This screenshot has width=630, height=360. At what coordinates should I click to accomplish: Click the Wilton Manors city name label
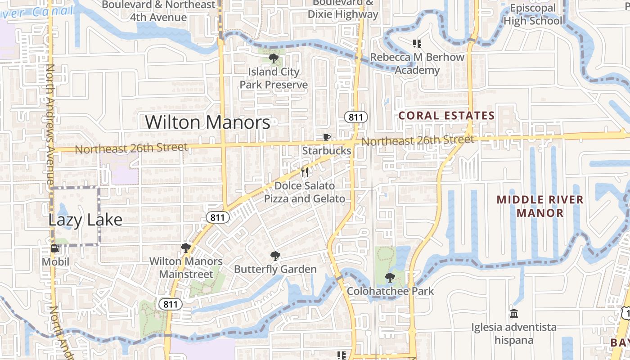tap(207, 122)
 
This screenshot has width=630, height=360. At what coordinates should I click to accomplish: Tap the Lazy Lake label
tap(85, 220)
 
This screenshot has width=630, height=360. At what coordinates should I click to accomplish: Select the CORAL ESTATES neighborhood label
tap(446, 116)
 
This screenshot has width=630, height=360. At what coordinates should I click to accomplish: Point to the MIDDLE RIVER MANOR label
tap(540, 206)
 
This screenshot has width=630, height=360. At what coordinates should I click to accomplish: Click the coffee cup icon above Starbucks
tap(327, 137)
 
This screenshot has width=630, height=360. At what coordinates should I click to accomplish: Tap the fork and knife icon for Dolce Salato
tap(305, 172)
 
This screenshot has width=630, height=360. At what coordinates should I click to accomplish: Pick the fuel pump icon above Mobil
tap(55, 248)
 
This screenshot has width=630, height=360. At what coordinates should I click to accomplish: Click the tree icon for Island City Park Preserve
tap(273, 58)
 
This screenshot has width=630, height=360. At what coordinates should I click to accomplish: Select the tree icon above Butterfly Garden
tap(275, 256)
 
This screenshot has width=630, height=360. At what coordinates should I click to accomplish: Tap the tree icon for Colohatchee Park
tap(390, 278)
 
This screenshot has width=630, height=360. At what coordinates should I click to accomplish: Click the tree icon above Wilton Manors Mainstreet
tap(185, 247)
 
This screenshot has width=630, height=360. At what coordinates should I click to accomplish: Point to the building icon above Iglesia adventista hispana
tap(513, 313)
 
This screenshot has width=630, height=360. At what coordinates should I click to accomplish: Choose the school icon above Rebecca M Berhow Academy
tap(417, 44)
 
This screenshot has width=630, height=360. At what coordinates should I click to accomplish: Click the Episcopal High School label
tap(533, 14)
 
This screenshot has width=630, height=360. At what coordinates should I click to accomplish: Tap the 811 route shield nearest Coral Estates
tap(356, 117)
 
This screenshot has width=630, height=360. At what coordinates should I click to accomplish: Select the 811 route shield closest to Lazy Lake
tap(218, 218)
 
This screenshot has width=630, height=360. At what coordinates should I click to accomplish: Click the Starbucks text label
tap(327, 151)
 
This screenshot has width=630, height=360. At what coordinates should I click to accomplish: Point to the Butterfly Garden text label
tap(275, 269)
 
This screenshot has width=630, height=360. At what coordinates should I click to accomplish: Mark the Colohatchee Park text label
tap(390, 291)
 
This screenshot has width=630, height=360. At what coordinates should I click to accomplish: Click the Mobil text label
tap(55, 261)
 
